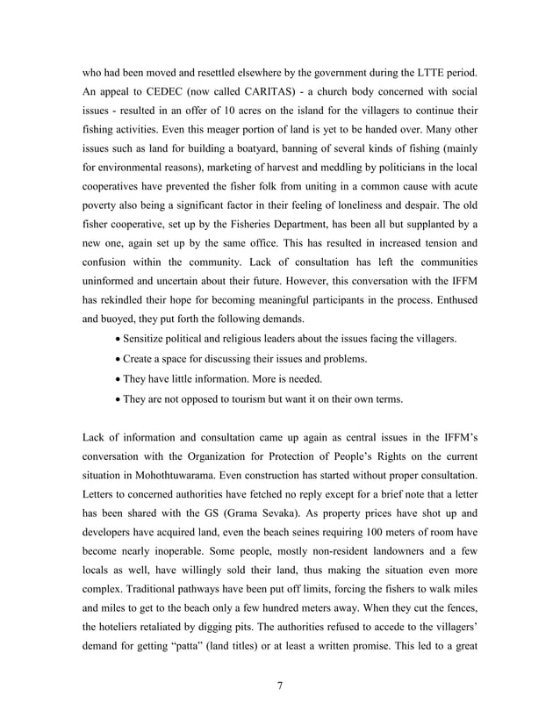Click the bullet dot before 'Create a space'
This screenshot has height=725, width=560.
point(118,359)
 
